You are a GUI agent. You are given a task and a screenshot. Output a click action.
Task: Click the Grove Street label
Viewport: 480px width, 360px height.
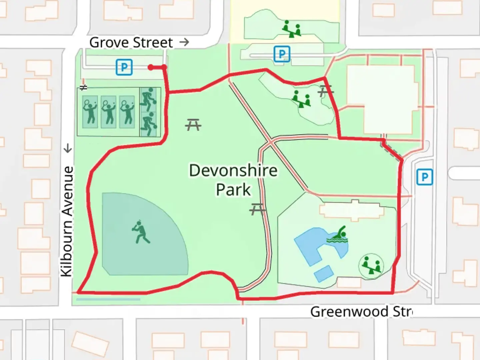(x=131, y=43)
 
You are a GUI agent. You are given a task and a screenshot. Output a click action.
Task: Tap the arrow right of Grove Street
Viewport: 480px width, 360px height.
(x=184, y=42)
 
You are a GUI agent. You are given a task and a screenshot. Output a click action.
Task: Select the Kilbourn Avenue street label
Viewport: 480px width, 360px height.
(x=67, y=221)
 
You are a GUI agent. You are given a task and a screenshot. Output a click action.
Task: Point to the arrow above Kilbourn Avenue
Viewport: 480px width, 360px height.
(x=68, y=148)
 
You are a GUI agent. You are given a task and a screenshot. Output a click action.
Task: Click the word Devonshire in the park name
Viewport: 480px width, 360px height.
(x=233, y=171)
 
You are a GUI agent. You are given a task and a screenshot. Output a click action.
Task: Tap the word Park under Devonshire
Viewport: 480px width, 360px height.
(x=233, y=190)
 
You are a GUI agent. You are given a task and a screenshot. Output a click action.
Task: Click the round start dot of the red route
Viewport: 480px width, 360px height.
(x=151, y=68)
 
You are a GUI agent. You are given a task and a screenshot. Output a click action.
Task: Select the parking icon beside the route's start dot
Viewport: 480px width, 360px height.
(x=124, y=67)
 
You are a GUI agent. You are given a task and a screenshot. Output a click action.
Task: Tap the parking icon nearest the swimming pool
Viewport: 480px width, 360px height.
(x=424, y=177)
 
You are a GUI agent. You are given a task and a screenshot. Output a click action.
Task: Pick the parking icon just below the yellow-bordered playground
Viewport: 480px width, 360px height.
(x=282, y=54)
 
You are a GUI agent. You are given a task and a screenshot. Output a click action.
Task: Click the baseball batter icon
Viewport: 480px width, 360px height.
(x=141, y=232)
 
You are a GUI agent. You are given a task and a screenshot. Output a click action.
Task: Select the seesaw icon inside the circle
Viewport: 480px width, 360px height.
(x=371, y=265)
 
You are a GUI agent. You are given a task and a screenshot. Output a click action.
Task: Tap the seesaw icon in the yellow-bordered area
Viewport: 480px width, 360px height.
(x=291, y=29)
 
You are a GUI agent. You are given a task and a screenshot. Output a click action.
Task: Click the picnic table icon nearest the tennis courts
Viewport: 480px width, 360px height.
(x=193, y=125)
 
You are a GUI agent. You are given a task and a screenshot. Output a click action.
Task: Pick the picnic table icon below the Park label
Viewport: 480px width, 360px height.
(x=257, y=209)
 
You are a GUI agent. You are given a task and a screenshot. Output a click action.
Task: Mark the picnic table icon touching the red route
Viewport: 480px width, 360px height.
(x=325, y=91)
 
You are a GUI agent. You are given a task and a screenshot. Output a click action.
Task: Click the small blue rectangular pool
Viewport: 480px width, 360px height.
(x=324, y=273)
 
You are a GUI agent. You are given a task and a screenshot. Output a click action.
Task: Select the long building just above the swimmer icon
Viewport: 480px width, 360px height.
(x=354, y=210)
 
